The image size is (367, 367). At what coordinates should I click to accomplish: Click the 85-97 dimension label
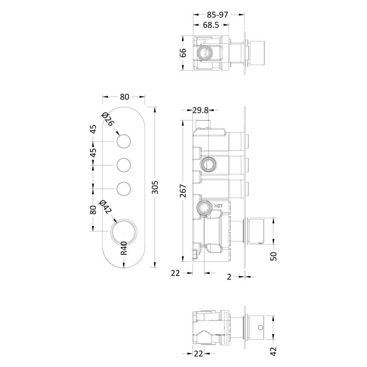tap(217, 15)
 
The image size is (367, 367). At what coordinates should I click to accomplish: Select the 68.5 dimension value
tap(211, 25)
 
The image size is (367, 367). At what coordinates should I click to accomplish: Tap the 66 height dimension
tap(183, 53)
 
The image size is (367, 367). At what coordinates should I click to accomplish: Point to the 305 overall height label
tap(155, 187)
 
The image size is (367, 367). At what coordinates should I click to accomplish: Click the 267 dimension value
tap(183, 191)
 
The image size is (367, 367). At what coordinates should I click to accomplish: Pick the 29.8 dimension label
tap(200, 110)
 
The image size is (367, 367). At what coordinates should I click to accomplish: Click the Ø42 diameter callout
tap(105, 207)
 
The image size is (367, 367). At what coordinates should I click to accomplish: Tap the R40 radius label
tap(124, 248)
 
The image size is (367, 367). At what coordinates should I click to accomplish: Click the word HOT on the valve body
tap(219, 206)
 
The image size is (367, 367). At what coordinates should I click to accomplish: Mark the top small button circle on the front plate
tap(124, 142)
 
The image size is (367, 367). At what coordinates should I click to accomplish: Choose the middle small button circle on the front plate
tap(124, 165)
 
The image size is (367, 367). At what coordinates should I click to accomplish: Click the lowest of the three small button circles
tap(124, 188)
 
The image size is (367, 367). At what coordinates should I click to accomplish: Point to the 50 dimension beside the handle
tap(273, 256)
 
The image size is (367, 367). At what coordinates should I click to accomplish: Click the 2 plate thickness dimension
tap(229, 277)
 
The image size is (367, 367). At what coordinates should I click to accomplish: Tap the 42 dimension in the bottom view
tap(273, 352)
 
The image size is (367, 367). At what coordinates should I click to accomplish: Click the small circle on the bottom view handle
tap(261, 327)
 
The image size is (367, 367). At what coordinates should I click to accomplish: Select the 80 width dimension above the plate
tap(124, 97)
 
